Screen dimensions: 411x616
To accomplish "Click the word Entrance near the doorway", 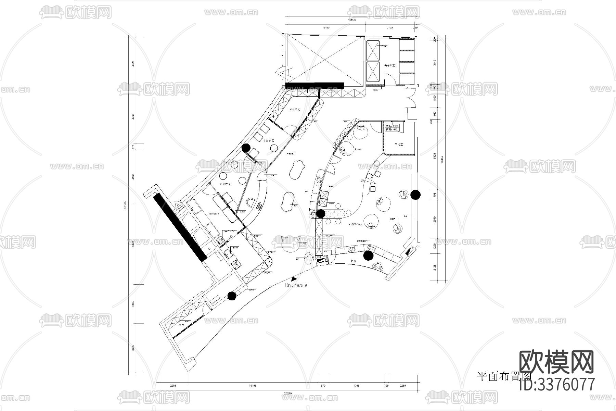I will coord(296,285).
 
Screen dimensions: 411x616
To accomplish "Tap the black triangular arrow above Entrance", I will coord(294,279).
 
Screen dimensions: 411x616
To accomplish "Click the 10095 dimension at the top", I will coord(352,20).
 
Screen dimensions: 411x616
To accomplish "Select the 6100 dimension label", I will coord(326,28).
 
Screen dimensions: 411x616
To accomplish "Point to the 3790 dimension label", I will coord(389,28).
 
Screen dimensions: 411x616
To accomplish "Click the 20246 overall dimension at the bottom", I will coord(288,394).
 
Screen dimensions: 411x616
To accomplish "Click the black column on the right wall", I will coord(415,195).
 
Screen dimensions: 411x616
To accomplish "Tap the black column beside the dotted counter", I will coord(321,214).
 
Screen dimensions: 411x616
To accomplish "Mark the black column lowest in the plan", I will coord(232,296).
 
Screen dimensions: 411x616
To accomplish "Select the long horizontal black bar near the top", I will coord(315,85).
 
